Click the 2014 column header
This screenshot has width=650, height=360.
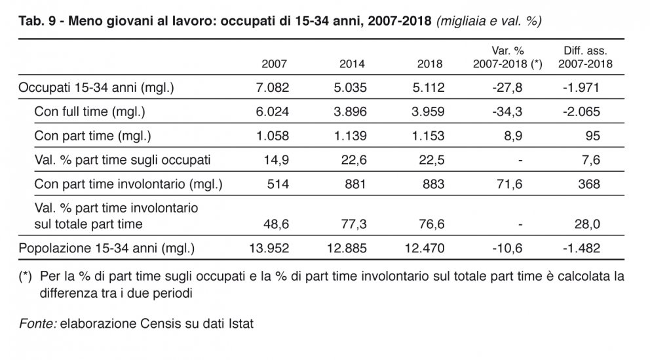click(x=352, y=64)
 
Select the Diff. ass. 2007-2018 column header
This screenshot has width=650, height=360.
click(x=585, y=57)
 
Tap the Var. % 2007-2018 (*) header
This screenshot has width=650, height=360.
click(x=507, y=57)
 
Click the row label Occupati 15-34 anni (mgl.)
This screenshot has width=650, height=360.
click(x=96, y=87)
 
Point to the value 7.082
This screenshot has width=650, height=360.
click(x=273, y=87)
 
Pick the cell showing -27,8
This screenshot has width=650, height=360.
click(x=507, y=87)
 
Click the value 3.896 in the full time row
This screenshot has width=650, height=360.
click(x=351, y=111)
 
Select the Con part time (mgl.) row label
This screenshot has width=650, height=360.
click(x=92, y=136)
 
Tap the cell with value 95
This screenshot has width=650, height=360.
click(x=592, y=136)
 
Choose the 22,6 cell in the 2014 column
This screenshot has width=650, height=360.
click(x=354, y=160)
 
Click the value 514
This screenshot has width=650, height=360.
click(x=278, y=184)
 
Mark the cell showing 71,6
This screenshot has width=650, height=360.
click(x=510, y=184)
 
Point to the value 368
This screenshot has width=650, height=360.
click(x=589, y=184)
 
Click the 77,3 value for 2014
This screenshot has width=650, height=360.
click(x=354, y=224)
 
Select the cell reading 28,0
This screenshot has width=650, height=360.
click(x=587, y=224)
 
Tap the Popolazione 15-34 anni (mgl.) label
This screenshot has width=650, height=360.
click(x=107, y=249)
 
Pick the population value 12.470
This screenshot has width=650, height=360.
click(x=425, y=249)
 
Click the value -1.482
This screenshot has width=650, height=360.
click(x=581, y=249)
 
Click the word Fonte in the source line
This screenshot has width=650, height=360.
click(x=38, y=323)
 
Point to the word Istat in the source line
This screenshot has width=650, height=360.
click(x=241, y=323)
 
